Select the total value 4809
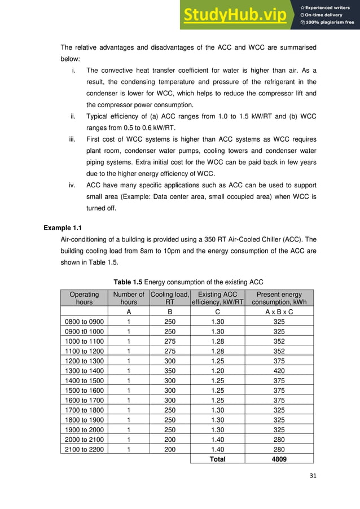[x=279, y=459]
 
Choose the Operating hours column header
[x=84, y=298]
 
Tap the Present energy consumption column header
[x=279, y=298]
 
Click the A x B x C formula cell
[x=279, y=311]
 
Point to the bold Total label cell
[x=218, y=459]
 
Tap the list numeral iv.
[x=73, y=185]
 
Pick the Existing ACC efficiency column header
[x=218, y=298]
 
